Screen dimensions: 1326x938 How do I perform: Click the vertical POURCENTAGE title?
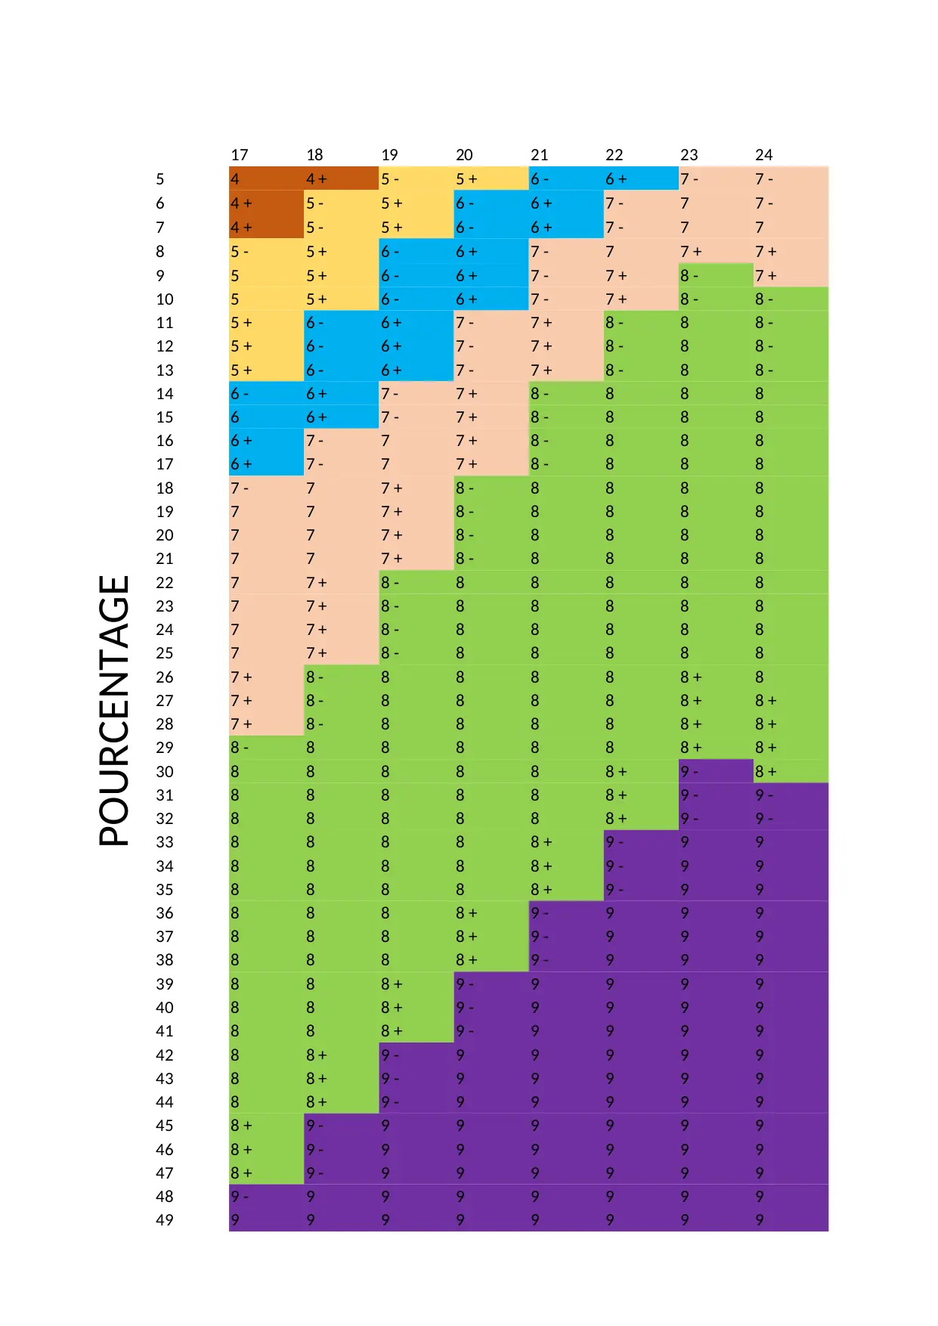[x=114, y=711]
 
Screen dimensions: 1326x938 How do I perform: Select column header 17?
[x=240, y=155]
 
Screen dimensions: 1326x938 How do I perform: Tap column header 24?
[x=763, y=155]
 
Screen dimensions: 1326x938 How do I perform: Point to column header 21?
[x=539, y=155]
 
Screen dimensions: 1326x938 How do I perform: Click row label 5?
[x=160, y=179]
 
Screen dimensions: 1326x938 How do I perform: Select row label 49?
[x=165, y=1219]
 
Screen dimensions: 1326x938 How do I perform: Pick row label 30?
[x=165, y=771]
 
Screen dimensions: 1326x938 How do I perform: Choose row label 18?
[x=165, y=488]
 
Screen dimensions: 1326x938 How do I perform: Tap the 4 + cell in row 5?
[x=341, y=179]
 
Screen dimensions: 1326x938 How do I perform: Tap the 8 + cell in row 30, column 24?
[x=791, y=771]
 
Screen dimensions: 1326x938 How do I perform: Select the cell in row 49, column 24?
[x=791, y=1219]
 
